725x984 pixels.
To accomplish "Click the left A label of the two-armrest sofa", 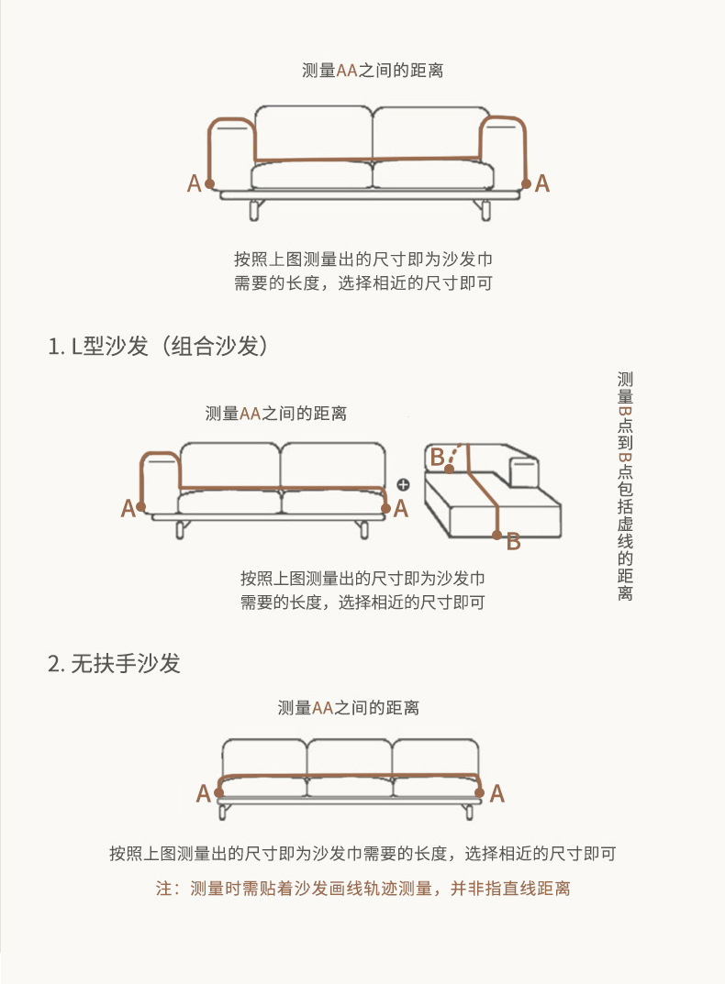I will pyautogui.click(x=194, y=183).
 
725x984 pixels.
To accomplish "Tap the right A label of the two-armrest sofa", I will pyautogui.click(x=542, y=183).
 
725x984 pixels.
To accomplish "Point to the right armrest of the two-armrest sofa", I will pyautogui.click(x=502, y=147).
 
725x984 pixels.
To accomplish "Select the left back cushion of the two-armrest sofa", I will pyautogui.click(x=313, y=133).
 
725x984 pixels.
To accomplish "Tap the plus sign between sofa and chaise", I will pyautogui.click(x=402, y=484).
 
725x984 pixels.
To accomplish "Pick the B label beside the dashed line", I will pyautogui.click(x=437, y=456).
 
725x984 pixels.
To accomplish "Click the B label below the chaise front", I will pyautogui.click(x=513, y=542).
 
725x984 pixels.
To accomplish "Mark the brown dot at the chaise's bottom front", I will pyautogui.click(x=496, y=535).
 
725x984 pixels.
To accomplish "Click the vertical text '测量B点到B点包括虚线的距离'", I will pyautogui.click(x=625, y=486).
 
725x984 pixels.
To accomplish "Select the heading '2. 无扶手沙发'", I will pyautogui.click(x=114, y=663).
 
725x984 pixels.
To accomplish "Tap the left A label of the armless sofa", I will pyautogui.click(x=203, y=793).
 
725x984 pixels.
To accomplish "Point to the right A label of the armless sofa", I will pyautogui.click(x=496, y=793).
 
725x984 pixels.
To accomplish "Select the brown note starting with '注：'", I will pyautogui.click(x=362, y=889).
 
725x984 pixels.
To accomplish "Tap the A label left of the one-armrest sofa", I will pyautogui.click(x=128, y=508).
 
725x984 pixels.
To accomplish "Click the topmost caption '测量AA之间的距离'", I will pyautogui.click(x=373, y=71).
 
